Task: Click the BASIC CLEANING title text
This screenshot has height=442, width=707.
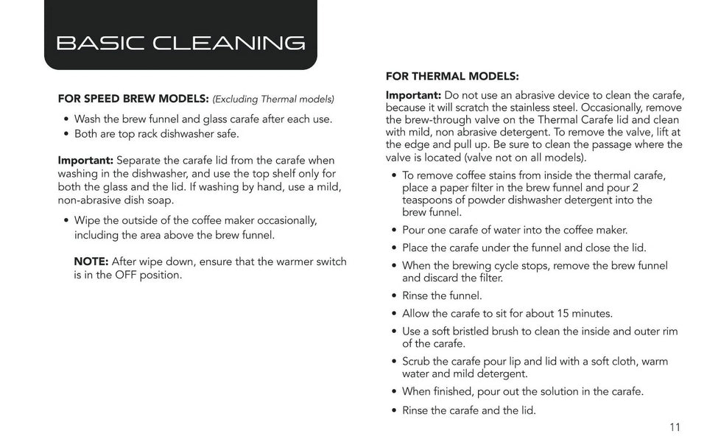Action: point(180,43)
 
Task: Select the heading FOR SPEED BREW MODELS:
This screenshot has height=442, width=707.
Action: point(133,99)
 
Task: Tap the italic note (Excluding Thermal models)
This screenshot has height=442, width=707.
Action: point(273,99)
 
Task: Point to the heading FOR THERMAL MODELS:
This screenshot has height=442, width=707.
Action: point(452,76)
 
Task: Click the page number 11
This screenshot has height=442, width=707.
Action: point(675,427)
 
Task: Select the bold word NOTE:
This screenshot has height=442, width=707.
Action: point(91,262)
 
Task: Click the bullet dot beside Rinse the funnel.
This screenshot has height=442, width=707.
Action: point(394,296)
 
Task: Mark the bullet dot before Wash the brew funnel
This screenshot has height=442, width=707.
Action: point(66,119)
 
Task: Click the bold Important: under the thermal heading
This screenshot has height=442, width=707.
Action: point(413,95)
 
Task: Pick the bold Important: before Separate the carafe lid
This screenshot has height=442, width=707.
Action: point(85,160)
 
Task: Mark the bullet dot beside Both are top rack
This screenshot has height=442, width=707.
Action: point(66,134)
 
